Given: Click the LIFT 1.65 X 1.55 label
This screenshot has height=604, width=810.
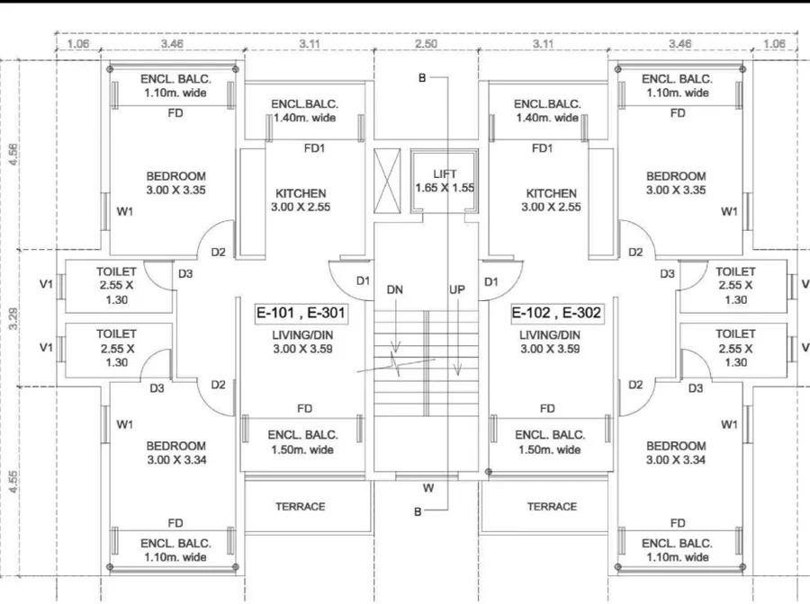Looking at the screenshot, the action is [445, 181].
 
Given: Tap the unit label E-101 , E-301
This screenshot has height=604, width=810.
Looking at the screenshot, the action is [301, 313].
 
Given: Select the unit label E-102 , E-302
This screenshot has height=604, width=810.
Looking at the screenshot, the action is [556, 313].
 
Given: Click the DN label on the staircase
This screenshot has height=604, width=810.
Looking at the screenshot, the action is [395, 290].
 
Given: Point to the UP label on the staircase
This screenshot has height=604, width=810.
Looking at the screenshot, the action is [457, 290].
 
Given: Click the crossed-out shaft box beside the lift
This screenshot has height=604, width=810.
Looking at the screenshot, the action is [387, 181].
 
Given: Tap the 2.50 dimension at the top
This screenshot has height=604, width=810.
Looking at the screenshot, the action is [427, 44].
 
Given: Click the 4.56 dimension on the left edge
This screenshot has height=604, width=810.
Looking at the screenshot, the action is [13, 155].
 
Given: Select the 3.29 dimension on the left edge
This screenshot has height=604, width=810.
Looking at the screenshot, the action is [13, 318].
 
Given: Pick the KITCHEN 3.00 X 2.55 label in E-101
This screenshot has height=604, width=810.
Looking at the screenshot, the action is [301, 200].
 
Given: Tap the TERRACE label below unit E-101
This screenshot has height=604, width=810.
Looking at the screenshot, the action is [300, 507].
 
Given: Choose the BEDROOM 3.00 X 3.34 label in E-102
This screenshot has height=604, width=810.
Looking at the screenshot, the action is [676, 453].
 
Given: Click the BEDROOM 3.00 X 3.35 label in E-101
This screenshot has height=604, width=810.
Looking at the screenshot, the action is [175, 183].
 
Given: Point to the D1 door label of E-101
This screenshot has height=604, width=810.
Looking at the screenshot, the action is [364, 281].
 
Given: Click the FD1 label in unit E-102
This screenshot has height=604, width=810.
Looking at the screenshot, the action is [543, 148].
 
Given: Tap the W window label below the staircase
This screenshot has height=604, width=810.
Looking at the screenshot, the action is [428, 488].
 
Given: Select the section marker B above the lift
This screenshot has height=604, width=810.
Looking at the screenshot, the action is [422, 78].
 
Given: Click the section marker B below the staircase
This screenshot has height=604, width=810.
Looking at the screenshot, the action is [418, 511].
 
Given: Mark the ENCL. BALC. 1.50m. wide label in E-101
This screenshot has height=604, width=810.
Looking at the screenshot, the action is [302, 442].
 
